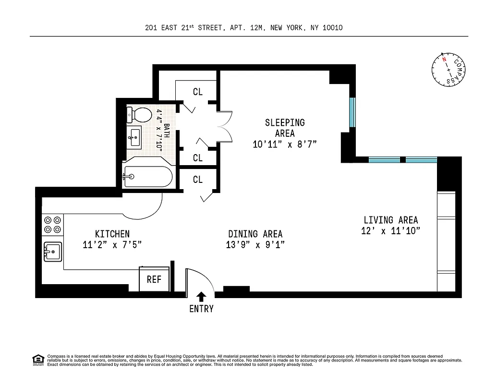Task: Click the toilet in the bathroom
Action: [x=138, y=115]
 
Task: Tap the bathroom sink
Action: [x=135, y=137]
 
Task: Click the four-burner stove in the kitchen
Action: [x=52, y=224]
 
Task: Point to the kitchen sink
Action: [x=52, y=251]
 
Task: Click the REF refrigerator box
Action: [x=154, y=279]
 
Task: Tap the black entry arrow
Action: [x=201, y=297]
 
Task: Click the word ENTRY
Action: [x=201, y=309]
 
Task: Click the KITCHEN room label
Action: [x=112, y=234]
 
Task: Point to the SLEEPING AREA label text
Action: [x=285, y=128]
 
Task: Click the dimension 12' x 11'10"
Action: [x=390, y=231]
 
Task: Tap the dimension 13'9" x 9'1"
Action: [x=255, y=245]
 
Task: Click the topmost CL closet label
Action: [x=198, y=92]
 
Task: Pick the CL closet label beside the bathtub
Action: [x=198, y=180]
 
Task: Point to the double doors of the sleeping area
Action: [x=225, y=128]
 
